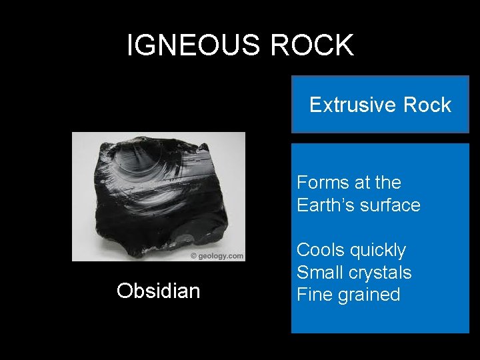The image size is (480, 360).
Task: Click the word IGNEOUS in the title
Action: point(181,45)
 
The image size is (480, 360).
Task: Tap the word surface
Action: point(390,205)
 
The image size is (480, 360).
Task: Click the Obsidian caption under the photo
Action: point(158,291)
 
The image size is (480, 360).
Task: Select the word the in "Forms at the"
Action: point(389,182)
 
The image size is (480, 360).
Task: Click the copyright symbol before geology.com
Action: point(193,256)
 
